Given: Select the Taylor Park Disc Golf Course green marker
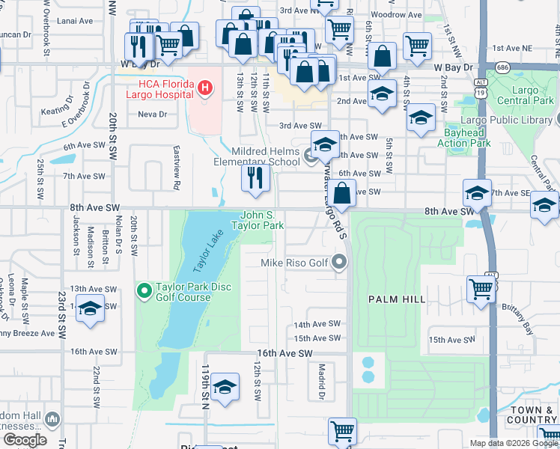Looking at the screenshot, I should pos(144,290).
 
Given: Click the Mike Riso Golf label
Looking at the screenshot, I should pos(294,263).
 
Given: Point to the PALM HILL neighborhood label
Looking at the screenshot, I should pos(397,299).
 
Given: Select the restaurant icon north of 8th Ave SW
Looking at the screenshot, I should pos(255,178).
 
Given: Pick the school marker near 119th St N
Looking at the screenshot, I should pos(225,388).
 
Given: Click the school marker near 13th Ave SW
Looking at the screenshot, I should pos(90,309).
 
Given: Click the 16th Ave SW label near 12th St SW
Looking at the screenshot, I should pos(283,353).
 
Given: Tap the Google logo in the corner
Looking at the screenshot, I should pos(25,440).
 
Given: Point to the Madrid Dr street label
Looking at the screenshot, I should pos(321,381).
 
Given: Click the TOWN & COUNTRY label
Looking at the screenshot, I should pos(532,416).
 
